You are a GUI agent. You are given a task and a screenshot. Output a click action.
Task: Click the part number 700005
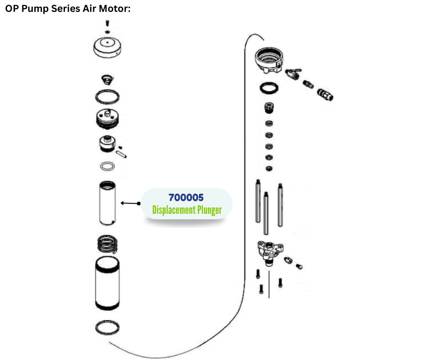point(186,198)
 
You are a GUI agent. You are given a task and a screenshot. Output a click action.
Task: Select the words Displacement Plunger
point(187,210)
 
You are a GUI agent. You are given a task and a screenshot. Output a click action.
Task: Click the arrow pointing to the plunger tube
point(131,203)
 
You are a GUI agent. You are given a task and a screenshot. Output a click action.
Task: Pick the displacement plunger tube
point(108,203)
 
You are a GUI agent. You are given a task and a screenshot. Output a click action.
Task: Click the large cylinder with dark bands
point(108,284)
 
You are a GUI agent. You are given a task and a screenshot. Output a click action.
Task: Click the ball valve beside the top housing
point(292,73)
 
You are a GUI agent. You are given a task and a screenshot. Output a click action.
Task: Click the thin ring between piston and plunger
point(107,165)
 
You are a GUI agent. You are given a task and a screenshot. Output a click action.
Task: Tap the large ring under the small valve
point(108,97)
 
